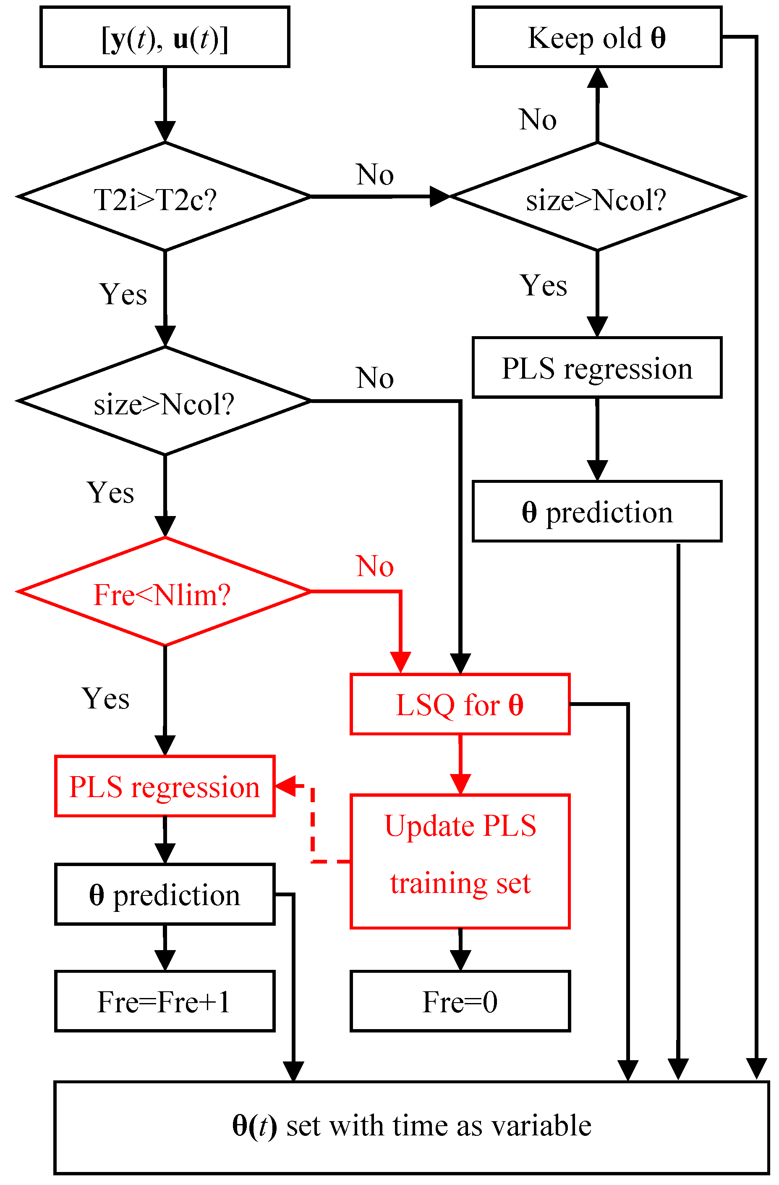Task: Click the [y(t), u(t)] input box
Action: (x=165, y=37)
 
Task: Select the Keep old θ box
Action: (x=596, y=37)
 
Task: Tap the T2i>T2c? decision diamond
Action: (x=165, y=197)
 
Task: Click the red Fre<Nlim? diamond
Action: (x=165, y=592)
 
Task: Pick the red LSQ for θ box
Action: (x=460, y=704)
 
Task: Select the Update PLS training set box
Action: (x=460, y=861)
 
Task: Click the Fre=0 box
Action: (x=460, y=1001)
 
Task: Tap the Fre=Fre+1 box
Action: (x=165, y=1001)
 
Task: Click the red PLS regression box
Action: (x=165, y=787)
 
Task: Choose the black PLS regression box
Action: (x=596, y=368)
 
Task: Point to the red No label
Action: (x=374, y=566)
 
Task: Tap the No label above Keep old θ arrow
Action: (x=537, y=120)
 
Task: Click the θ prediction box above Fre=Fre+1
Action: (x=165, y=895)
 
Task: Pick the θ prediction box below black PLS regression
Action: (x=596, y=511)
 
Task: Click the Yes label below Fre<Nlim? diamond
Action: (x=105, y=698)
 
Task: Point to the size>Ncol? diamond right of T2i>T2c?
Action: (x=596, y=197)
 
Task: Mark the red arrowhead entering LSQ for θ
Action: (x=400, y=663)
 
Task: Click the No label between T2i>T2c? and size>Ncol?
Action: (x=374, y=175)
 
